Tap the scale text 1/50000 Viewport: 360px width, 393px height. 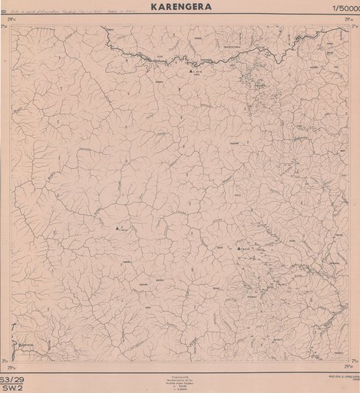click(x=342, y=8)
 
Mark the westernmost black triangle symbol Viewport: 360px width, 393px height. click(x=117, y=229)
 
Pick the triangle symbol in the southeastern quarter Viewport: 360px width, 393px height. click(x=239, y=250)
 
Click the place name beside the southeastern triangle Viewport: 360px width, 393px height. click(x=248, y=249)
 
